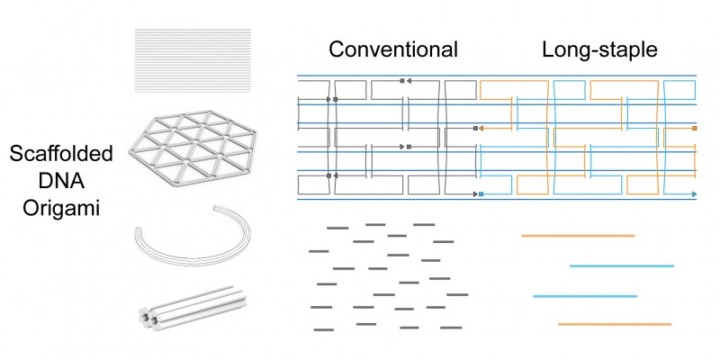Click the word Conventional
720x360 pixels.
[393, 49]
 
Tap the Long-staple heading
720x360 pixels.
[599, 49]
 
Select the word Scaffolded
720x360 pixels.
[61, 154]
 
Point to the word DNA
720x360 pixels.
[61, 181]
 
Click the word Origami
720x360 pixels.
[61, 209]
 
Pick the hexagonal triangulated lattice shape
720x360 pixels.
[193, 148]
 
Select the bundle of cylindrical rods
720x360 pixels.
[193, 307]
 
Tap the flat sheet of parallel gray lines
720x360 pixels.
[193, 60]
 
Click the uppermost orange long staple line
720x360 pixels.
[578, 236]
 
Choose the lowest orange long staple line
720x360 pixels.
[615, 324]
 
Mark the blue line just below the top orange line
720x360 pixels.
[622, 265]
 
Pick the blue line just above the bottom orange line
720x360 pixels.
[585, 296]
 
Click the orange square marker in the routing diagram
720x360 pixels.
[694, 128]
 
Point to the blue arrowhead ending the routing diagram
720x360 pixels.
[694, 194]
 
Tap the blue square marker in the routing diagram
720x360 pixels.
[481, 194]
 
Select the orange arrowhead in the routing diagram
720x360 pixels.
[481, 129]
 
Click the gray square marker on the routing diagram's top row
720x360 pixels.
[402, 81]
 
